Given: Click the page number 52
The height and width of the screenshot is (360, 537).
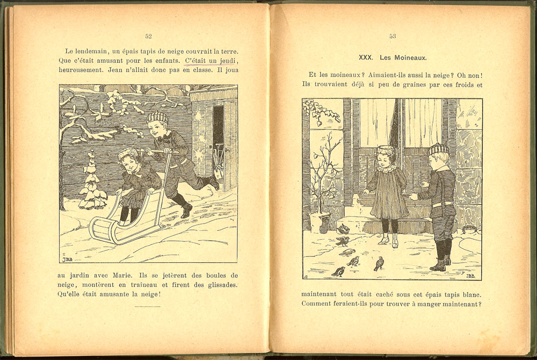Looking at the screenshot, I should click(148, 37).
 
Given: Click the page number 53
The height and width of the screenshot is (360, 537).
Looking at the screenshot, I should click(393, 37).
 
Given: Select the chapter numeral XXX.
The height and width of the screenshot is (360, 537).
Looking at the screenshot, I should click(366, 57).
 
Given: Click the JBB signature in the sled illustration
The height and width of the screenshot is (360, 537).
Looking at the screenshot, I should click(67, 259).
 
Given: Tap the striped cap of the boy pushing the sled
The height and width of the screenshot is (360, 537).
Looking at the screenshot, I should click(157, 117).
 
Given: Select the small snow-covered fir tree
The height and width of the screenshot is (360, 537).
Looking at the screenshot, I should click(91, 183).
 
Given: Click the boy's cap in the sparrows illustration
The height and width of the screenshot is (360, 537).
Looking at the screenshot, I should click(438, 149).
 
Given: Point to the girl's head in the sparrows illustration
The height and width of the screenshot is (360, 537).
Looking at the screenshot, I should click(385, 156).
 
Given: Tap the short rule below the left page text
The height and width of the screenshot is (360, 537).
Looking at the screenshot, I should click(148, 306).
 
